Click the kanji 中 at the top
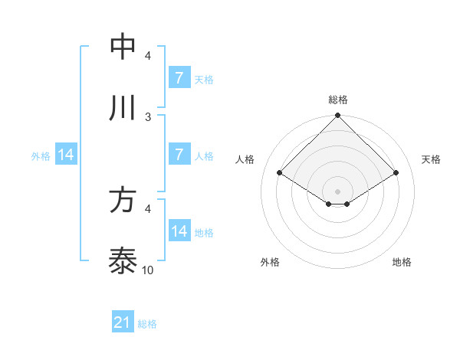pos(123,47)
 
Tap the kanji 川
pos(123,108)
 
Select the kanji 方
pos(123,200)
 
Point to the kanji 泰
pos(123,261)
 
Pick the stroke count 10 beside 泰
pos(148,270)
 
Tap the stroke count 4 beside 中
pos(148,55)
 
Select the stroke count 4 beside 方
pos(148,208)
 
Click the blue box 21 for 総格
pos(123,323)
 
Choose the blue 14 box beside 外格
pos(66,155)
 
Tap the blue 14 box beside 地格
pos(179,231)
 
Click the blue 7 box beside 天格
pos(179,78)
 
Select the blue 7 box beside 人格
pos(179,155)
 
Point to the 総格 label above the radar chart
pos(338,100)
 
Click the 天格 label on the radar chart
pos(432,159)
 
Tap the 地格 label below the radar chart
pos(402,263)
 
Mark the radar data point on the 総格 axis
pos(338,116)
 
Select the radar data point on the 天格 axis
pos(396,173)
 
